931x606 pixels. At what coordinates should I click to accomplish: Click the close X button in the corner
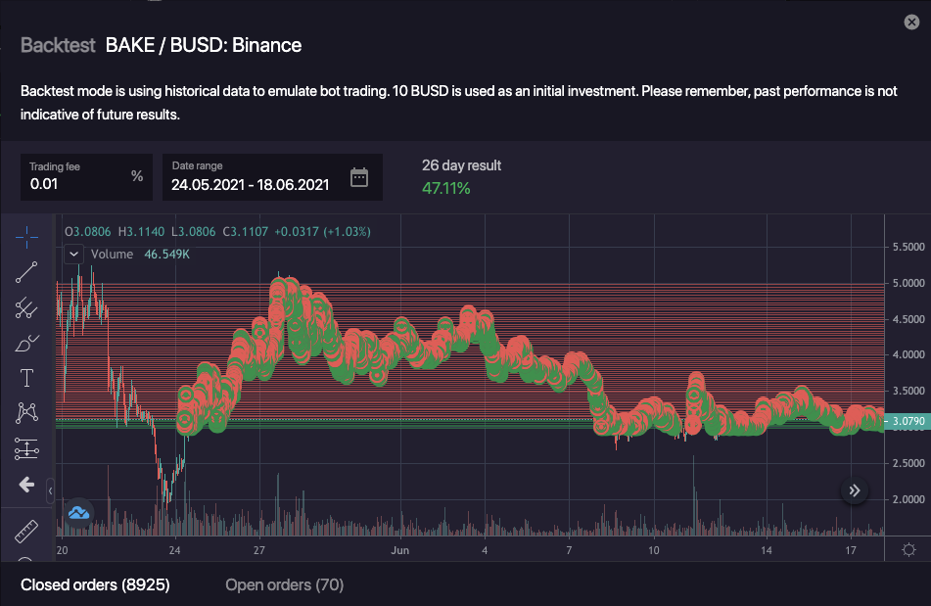point(911,22)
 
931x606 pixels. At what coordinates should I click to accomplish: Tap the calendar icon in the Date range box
point(359,177)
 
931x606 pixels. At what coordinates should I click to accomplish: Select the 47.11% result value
point(445,187)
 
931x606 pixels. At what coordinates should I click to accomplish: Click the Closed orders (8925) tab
point(95,585)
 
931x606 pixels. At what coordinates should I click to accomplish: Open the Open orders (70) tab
point(284,585)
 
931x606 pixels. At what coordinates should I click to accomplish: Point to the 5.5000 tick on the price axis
point(907,247)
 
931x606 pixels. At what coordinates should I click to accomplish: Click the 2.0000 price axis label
point(907,499)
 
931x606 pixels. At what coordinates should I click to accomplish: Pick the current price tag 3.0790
point(906,422)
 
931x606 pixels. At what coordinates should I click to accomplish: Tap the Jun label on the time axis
point(398,550)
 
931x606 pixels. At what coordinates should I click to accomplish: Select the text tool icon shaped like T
point(26,378)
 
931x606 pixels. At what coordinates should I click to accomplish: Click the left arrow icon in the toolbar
point(26,485)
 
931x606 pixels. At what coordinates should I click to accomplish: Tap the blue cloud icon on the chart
point(79,512)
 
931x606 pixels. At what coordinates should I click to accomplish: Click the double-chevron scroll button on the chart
point(855,490)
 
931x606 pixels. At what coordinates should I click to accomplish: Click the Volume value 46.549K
point(166,255)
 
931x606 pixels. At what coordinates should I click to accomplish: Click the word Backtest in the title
point(58,45)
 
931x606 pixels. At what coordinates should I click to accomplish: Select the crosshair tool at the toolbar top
point(26,236)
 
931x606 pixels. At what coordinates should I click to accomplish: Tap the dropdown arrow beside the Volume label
point(74,255)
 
